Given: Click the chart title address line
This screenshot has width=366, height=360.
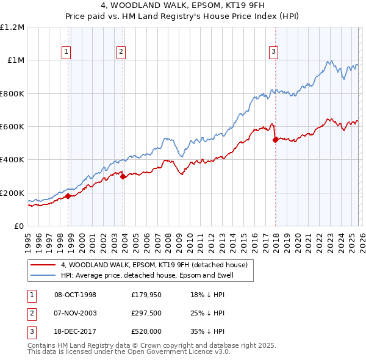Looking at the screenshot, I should coord(183,7).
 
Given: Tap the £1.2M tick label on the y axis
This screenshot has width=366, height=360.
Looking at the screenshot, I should coord(13,27).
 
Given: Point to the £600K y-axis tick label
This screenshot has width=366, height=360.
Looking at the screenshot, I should coord(12,127).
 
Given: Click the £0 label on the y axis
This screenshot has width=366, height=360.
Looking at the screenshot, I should coord(20,226).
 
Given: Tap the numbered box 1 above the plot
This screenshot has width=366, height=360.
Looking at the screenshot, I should coord(66,52).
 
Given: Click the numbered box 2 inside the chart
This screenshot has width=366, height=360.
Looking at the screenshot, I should coord(121,52).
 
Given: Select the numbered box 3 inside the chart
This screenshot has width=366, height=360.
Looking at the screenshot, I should coord(274,52).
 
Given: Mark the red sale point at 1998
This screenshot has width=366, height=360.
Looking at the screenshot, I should coord(68,196).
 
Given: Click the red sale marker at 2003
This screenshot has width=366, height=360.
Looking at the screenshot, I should coord(123,177).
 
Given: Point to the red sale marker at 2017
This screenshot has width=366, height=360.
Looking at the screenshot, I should coord(275,140).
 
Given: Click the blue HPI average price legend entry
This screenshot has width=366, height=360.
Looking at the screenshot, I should coord(147,276).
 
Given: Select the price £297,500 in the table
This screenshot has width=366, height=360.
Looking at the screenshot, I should coord(149,313).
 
